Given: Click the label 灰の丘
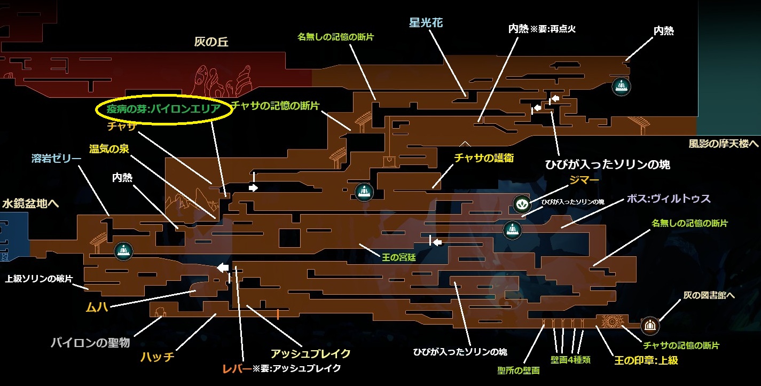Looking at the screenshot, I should tap(211, 42).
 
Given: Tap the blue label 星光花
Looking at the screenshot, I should tap(426, 23).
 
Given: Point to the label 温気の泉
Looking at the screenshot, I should tap(109, 149).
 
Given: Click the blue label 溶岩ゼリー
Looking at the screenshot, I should tap(57, 159).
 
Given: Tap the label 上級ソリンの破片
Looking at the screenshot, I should tap(38, 279).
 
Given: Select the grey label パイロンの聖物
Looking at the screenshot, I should tap(90, 342).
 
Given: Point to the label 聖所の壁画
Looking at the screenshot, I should tap(518, 370).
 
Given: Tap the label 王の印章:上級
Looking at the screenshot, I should tap(646, 360).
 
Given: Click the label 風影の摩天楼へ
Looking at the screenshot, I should tap(724, 143).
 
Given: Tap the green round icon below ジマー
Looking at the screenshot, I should tap(522, 203).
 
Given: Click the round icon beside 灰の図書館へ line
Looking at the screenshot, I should tap(649, 324).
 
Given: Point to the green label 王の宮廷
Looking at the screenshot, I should tap(399, 257).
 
